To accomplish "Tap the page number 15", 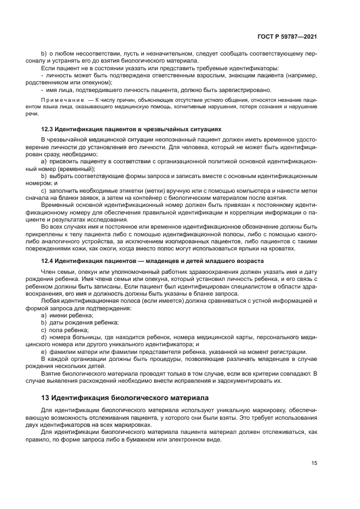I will (314, 463).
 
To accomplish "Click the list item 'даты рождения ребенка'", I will (80, 323).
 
